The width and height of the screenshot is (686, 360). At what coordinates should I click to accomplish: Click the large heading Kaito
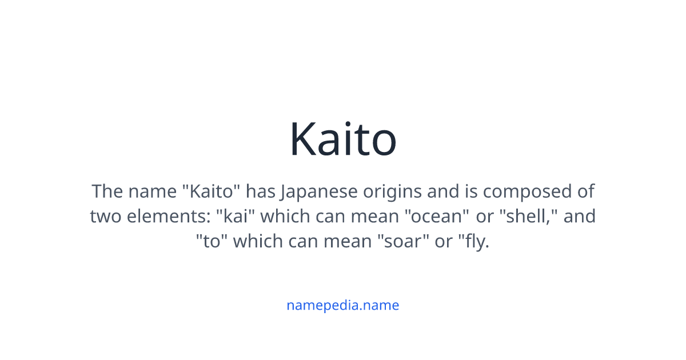[x=342, y=139]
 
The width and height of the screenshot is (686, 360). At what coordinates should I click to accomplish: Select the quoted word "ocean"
[x=436, y=217]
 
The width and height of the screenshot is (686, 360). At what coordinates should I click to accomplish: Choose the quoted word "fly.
[x=474, y=242]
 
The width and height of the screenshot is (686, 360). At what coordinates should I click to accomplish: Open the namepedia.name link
[x=342, y=305]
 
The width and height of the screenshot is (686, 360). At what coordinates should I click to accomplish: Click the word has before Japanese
[x=261, y=191]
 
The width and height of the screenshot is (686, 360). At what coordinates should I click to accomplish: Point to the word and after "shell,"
[x=580, y=217]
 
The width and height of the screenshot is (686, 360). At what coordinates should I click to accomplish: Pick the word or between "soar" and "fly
[x=444, y=242]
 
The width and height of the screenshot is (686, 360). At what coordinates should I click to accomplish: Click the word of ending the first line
[x=585, y=191]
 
